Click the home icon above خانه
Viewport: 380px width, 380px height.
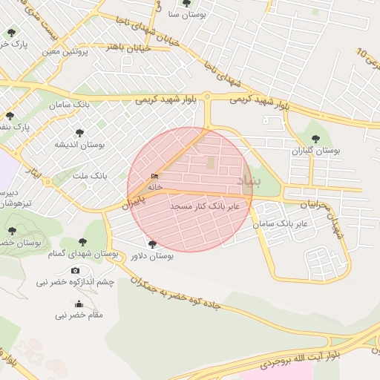pos(154,176)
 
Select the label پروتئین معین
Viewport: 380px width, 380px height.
pos(66,51)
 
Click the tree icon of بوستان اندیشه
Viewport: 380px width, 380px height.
pos(79,133)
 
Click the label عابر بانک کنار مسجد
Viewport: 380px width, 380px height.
pos(205,205)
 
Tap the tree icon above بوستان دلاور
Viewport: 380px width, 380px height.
pos(153,244)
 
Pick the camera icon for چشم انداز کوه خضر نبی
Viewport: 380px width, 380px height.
pos(75,271)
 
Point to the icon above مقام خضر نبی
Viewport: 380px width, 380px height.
pos(79,304)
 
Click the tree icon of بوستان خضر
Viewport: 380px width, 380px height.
pos(10,231)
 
